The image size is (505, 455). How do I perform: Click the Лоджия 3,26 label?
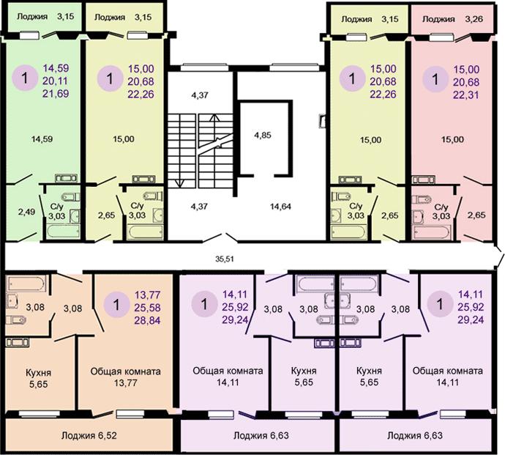[x=452, y=19]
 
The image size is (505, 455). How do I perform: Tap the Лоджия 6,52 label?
[x=89, y=436]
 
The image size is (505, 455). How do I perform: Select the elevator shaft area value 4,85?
[x=263, y=135]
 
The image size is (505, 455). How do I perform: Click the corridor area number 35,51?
[x=225, y=259]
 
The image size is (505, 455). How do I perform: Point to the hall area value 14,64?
[x=280, y=207]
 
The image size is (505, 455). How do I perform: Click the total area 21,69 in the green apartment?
[x=56, y=94]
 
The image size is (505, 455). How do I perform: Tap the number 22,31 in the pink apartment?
[x=466, y=95]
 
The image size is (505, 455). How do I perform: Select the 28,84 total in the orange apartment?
[x=148, y=320]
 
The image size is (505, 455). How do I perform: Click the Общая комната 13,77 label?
[x=126, y=377]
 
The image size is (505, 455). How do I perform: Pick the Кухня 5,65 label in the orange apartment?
[x=38, y=379]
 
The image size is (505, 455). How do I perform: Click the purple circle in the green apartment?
[x=25, y=78]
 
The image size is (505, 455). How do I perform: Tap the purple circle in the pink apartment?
[x=435, y=79]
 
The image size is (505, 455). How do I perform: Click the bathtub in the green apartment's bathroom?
[x=63, y=232]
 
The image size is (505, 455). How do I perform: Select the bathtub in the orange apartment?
[x=26, y=283]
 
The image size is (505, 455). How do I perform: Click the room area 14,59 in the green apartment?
[x=42, y=139]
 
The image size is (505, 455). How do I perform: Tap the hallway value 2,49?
[x=26, y=212]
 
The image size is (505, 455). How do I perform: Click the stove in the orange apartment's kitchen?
[x=18, y=342]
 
